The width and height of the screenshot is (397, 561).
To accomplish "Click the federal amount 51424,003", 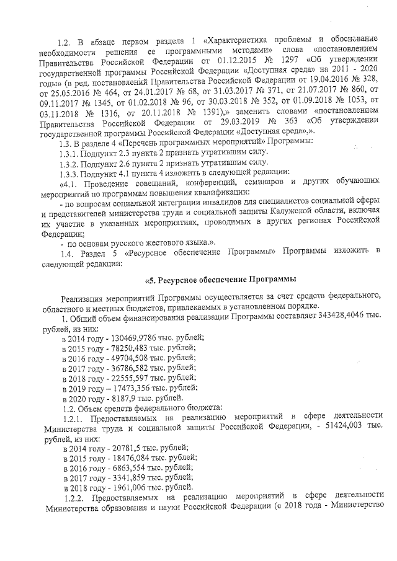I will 342,428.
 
